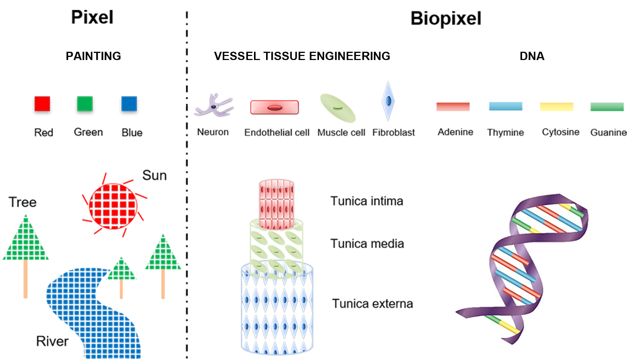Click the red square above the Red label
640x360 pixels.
[42, 104]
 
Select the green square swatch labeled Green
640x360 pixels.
[85, 104]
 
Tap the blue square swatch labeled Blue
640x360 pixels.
[130, 104]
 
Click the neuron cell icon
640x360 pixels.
[214, 106]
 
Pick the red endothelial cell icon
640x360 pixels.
[274, 107]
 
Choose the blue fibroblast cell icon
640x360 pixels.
[388, 101]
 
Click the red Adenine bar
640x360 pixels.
[453, 106]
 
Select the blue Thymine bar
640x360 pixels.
[505, 106]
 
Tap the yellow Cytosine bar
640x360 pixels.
[556, 106]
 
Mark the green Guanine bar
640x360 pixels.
[607, 106]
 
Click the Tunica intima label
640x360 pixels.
[366, 201]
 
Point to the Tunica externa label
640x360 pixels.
[372, 304]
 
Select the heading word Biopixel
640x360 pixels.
[446, 19]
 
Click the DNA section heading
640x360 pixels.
[532, 56]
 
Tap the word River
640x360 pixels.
[52, 341]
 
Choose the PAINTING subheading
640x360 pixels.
[94, 56]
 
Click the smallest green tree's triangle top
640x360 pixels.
[121, 269]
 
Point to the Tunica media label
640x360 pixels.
[367, 244]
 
